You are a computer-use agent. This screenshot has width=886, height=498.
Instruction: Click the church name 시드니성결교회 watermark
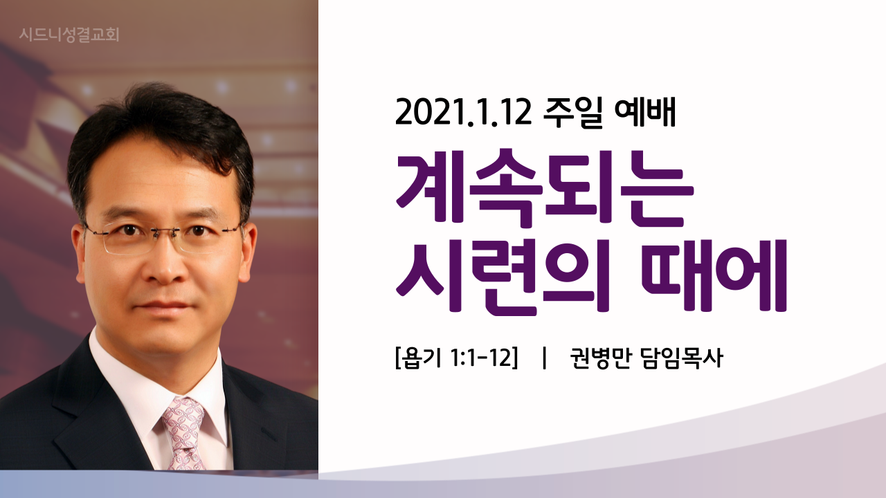pyautogui.click(x=69, y=35)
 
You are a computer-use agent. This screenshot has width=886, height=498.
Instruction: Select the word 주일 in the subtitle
pyautogui.click(x=572, y=113)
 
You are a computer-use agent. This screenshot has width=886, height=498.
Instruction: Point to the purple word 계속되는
pyautogui.click(x=545, y=189)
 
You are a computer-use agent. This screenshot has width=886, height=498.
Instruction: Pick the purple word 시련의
pyautogui.click(x=503, y=275)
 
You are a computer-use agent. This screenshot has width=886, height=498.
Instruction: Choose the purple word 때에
pyautogui.click(x=714, y=275)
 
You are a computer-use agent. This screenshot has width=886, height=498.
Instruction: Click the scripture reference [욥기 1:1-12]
pyautogui.click(x=456, y=358)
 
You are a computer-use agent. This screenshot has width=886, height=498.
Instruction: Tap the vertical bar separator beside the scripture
pyautogui.click(x=545, y=358)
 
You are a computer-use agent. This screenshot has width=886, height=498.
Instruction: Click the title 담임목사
pyautogui.click(x=682, y=358)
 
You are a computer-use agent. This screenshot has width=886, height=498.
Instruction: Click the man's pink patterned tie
pyautogui.click(x=184, y=433)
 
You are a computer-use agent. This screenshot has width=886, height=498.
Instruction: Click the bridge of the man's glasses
pyautogui.click(x=165, y=233)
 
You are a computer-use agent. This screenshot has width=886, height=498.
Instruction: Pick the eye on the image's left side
pyautogui.click(x=129, y=230)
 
